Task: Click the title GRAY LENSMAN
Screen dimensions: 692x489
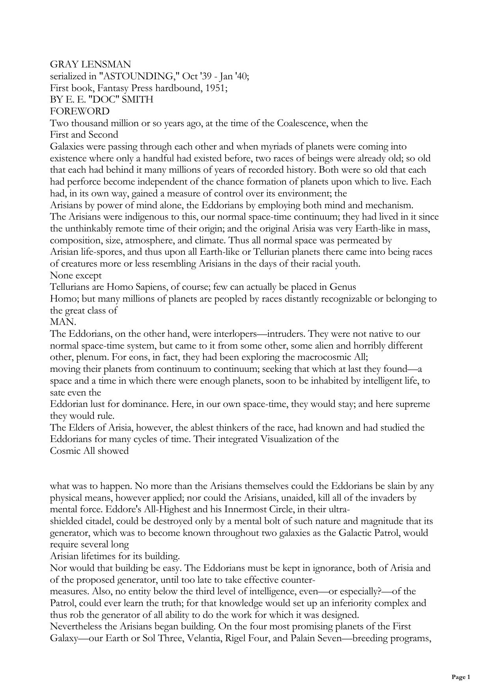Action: point(90,64)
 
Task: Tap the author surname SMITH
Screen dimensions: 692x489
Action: point(138,100)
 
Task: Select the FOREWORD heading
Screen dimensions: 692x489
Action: point(80,111)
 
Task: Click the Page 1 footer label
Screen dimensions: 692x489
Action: point(461,677)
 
